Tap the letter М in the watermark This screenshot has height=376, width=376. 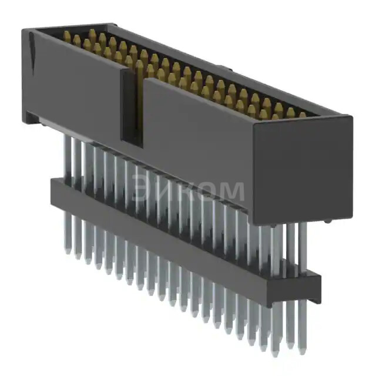[231, 192]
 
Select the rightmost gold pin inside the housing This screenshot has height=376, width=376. [302, 116]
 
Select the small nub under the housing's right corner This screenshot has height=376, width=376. [327, 221]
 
